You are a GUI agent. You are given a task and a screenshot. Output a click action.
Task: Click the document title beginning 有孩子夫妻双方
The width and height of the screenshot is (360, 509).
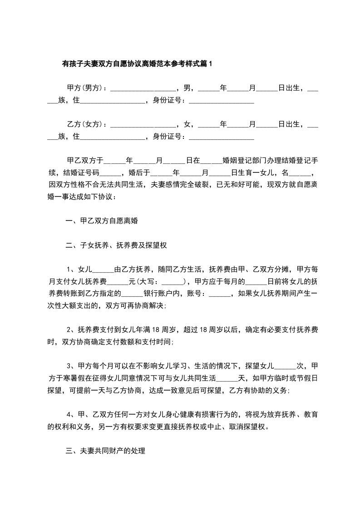tap(137, 64)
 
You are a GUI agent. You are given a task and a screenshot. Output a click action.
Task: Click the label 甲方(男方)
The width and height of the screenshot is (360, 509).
tap(85, 87)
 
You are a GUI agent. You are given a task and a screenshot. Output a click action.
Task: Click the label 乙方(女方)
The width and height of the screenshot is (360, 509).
tap(85, 124)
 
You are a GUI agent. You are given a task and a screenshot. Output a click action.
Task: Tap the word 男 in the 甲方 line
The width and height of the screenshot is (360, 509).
tap(186, 87)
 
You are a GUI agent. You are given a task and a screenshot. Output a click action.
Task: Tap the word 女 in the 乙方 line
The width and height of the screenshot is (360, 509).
tap(186, 124)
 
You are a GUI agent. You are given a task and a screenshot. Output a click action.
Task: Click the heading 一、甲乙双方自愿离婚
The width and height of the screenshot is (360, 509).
tap(102, 222)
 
